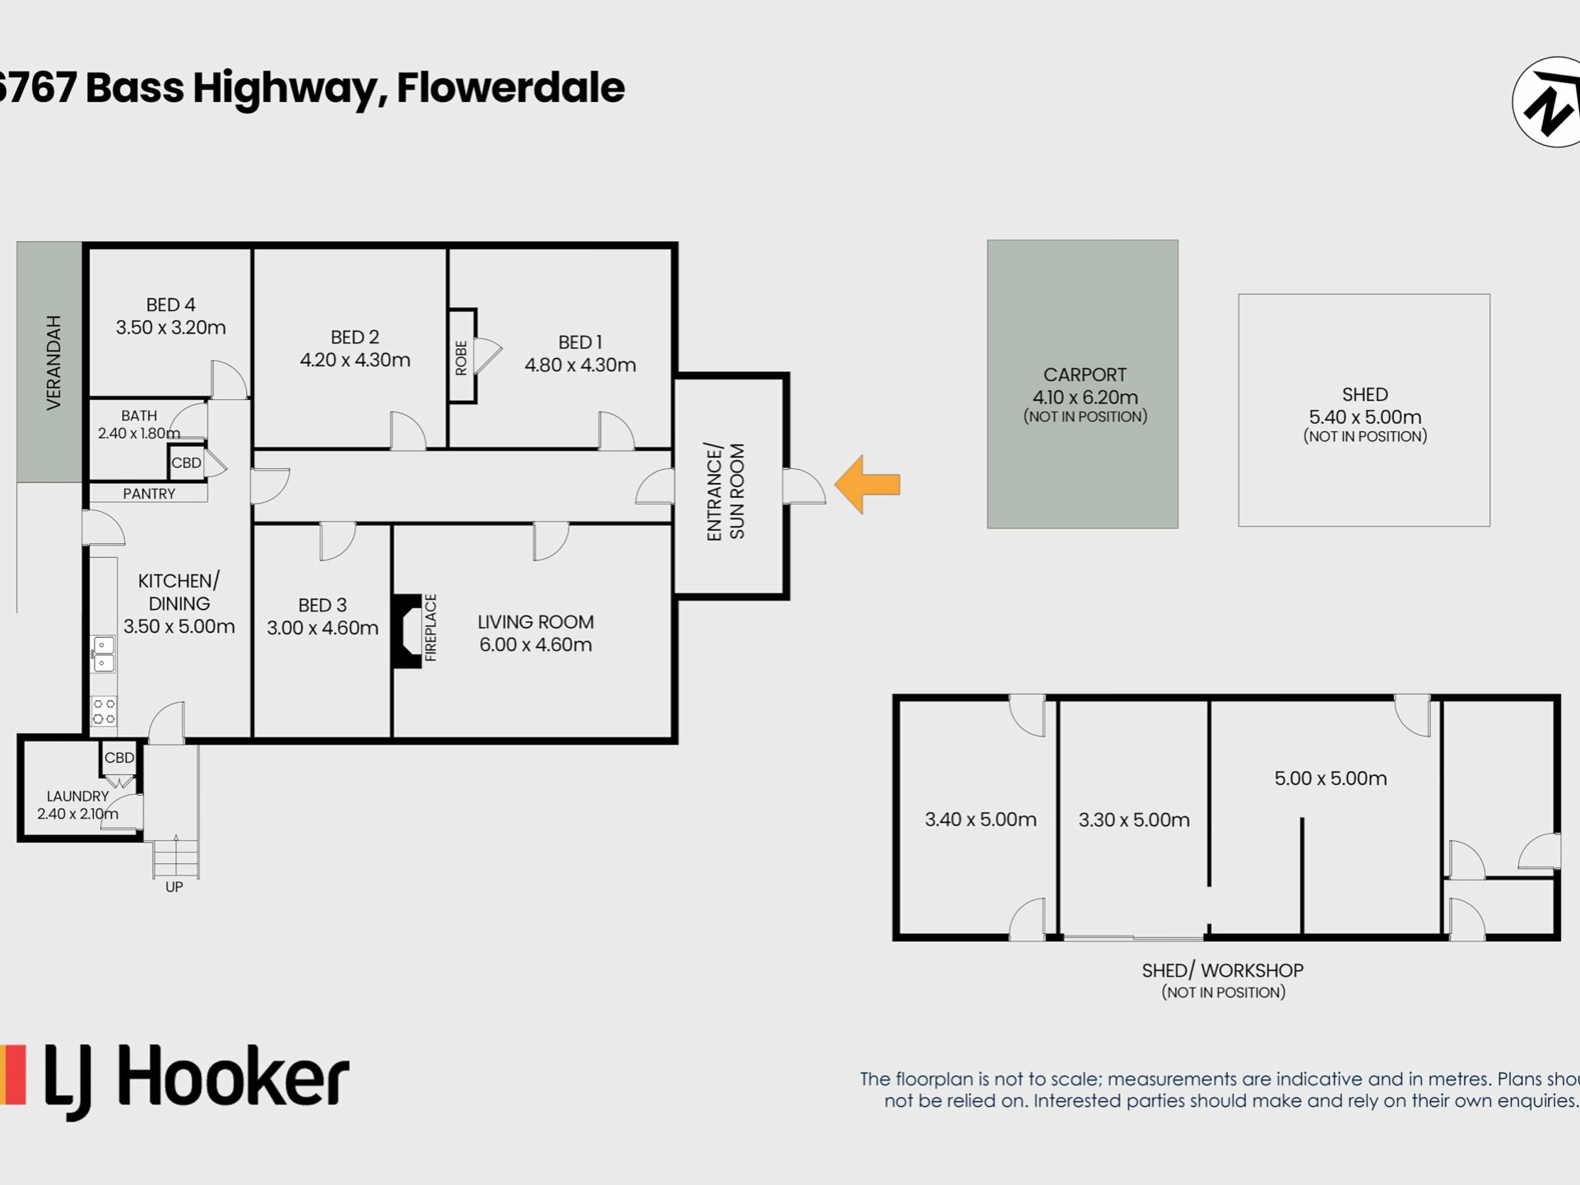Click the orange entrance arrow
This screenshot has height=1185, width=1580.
coord(867,485)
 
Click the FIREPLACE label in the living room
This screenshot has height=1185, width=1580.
coord(430,628)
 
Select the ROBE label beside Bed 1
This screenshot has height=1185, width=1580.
coord(461,358)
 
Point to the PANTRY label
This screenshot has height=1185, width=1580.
coord(149,494)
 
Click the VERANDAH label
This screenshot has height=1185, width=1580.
coord(53,363)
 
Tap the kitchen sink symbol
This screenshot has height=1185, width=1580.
coord(104,654)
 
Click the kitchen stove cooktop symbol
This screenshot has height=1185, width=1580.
coord(104,711)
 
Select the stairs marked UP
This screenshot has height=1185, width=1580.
coord(175,857)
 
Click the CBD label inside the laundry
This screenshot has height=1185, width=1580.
coord(119,758)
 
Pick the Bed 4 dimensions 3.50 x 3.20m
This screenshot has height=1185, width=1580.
coord(170,328)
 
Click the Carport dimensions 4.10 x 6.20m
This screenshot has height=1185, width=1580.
coord(1085,397)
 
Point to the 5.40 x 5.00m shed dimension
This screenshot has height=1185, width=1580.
coord(1365,417)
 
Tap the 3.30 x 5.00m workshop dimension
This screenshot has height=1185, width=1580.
coord(1134,820)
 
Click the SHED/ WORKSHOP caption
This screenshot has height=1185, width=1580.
coord(1223,971)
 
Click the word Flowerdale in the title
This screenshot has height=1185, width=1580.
coord(511,88)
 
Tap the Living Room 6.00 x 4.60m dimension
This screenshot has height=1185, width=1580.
coord(536,645)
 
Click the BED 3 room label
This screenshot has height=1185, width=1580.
coord(323,606)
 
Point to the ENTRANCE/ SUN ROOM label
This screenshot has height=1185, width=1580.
coord(726,492)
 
